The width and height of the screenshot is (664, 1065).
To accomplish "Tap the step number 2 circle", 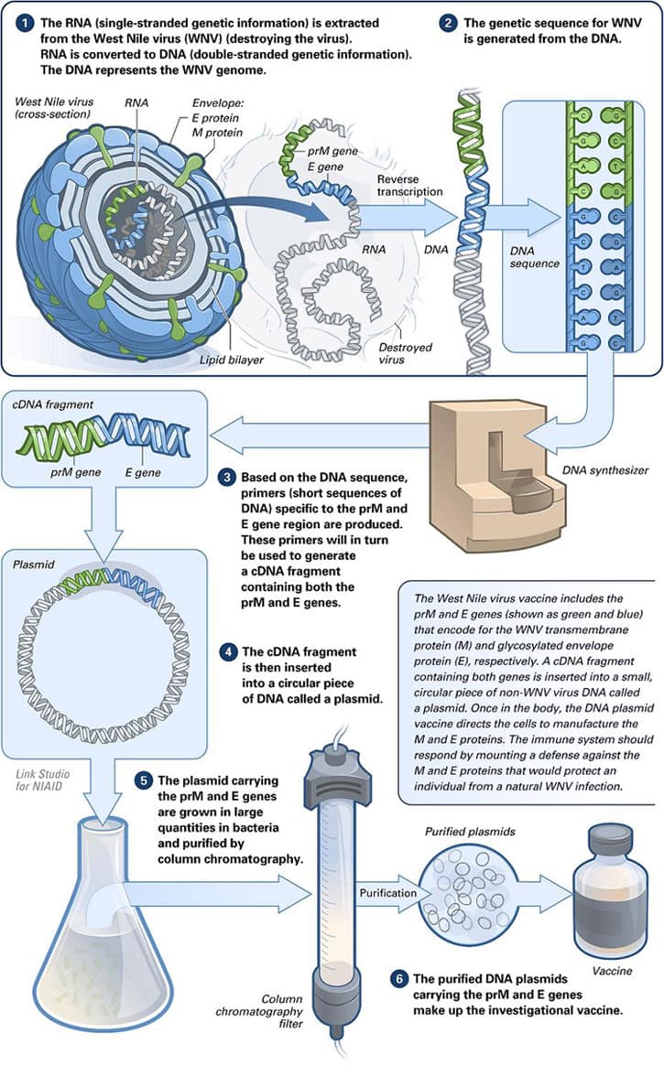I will pos(448,21).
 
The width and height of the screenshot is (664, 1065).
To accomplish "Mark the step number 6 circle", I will pos(398,979).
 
